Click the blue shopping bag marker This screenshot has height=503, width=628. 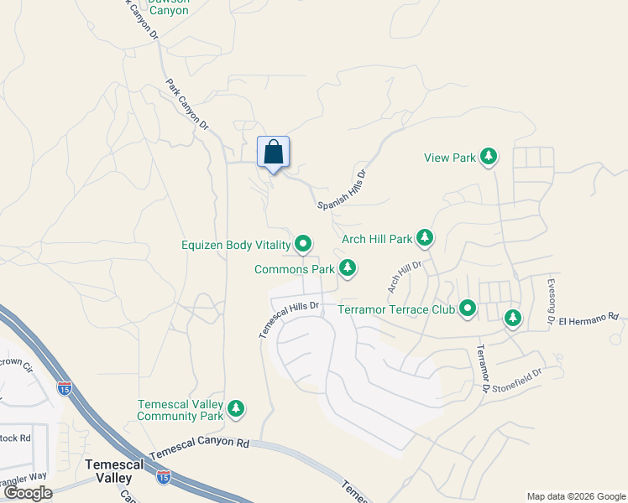(x=273, y=153)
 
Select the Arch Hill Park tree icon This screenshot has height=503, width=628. (x=425, y=239)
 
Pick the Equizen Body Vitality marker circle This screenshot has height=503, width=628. (x=303, y=245)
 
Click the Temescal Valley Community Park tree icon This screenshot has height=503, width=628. (x=237, y=409)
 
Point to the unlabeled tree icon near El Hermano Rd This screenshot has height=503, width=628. (x=512, y=318)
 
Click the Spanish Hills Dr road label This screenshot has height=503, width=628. (x=343, y=190)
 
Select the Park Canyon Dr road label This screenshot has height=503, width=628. (x=186, y=104)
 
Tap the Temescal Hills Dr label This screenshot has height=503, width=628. (x=290, y=319)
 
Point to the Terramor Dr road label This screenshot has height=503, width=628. (x=482, y=369)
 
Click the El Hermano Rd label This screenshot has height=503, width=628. (x=589, y=319)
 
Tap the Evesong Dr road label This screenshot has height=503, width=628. (x=551, y=301)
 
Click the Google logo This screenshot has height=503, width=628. (x=28, y=492)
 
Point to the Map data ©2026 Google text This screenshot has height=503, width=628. (x=575, y=496)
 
